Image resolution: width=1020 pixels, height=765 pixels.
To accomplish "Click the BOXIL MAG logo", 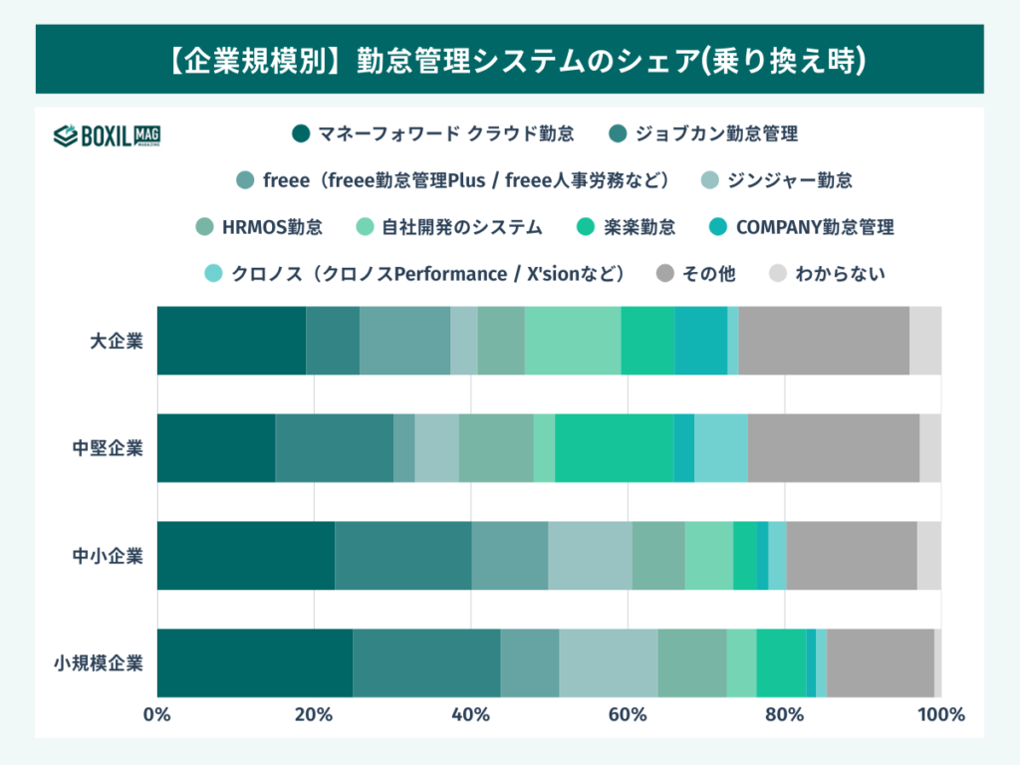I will coord(107,135).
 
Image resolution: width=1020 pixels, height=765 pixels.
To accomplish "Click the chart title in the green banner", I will coord(509,60).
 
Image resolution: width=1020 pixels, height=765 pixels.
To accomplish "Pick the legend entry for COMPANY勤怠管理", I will coord(802,227).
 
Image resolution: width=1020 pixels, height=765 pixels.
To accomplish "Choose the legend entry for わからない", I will coord(829,273).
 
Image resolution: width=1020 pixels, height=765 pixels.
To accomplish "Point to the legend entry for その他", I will coord(697,273).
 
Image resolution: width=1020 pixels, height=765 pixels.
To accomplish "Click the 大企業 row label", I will coord(116,341).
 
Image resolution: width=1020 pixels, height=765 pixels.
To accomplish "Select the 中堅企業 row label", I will coord(108,447).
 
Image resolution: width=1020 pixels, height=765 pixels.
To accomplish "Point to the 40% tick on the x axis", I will coord(470,714).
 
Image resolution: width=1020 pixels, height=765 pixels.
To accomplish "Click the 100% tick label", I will coord(940,714).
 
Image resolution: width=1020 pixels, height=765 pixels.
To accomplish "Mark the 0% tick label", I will coord(156,714).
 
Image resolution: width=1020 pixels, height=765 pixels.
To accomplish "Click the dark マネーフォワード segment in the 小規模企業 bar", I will coord(254,662).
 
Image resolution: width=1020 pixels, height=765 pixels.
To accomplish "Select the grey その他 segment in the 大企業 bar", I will coord(823,341).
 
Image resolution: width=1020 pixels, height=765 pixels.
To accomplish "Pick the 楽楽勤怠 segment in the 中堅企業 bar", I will coord(614,447).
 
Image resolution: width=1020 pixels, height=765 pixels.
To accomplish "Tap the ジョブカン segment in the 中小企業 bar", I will coord(402,555).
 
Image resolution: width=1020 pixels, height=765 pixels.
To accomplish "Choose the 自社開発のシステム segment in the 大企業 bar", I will coord(573,341).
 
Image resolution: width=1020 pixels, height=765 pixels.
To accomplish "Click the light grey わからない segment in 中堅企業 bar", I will coord(930,447).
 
